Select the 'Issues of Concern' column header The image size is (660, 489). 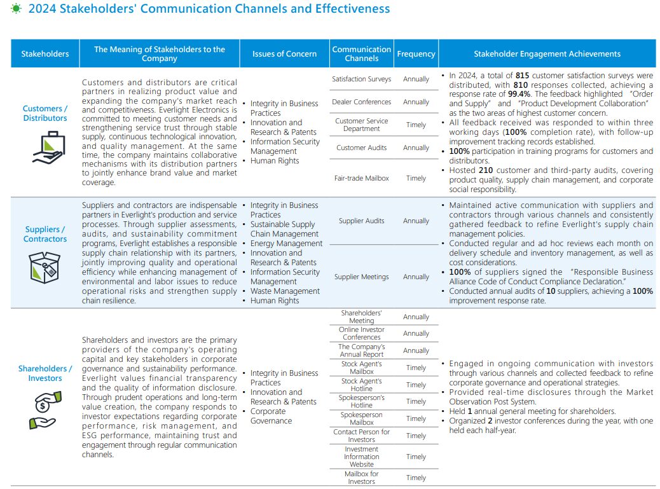pyautogui.click(x=284, y=54)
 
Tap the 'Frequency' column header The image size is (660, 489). pyautogui.click(x=416, y=54)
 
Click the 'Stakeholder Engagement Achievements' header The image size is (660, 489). pyautogui.click(x=547, y=54)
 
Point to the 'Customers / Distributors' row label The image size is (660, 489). pyautogui.click(x=45, y=113)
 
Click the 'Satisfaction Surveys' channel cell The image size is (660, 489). pyautogui.click(x=361, y=79)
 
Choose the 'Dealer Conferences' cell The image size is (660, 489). pyautogui.click(x=361, y=102)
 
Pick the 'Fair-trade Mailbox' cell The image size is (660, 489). pyautogui.click(x=361, y=178)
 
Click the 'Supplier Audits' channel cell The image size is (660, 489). pyautogui.click(x=361, y=221)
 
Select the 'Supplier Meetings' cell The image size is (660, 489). pyautogui.click(x=361, y=277)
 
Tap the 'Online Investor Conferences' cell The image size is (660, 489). pyautogui.click(x=361, y=333)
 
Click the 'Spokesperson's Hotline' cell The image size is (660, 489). pyautogui.click(x=361, y=401)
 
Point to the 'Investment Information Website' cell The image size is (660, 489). pyautogui.click(x=361, y=457)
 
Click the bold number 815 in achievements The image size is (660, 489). pyautogui.click(x=523, y=76)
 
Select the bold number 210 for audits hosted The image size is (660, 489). pyautogui.click(x=485, y=170)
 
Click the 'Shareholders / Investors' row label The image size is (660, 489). pyautogui.click(x=45, y=373)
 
